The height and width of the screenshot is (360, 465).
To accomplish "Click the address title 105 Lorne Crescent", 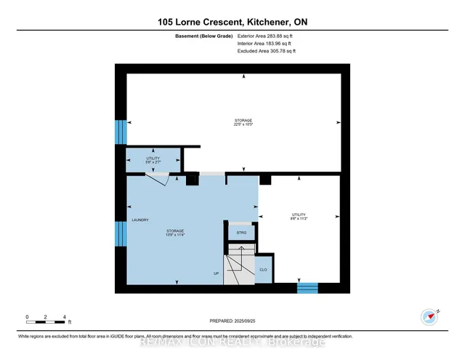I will [232, 23].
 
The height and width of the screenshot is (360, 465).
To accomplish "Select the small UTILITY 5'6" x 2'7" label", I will [153, 160].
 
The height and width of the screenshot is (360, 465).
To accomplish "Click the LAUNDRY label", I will [140, 220].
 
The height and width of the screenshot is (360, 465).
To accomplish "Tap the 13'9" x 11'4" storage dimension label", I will [174, 235].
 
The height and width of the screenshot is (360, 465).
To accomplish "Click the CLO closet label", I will [263, 269].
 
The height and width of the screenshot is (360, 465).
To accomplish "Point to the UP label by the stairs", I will [217, 273].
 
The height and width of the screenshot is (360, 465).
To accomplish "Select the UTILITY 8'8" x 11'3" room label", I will [299, 217].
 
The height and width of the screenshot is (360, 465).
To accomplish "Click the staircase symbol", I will [237, 263].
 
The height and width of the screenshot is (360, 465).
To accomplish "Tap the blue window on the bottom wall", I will [307, 288].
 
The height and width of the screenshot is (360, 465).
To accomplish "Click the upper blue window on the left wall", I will [121, 132].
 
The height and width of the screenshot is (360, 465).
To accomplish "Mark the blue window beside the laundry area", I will [121, 235].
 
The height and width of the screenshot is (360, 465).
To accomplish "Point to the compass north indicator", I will [430, 316].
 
